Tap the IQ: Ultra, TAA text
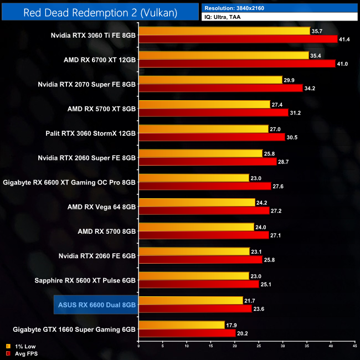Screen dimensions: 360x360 pyautogui.click(x=224, y=17)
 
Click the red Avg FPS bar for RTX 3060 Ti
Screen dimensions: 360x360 pyautogui.click(x=238, y=39)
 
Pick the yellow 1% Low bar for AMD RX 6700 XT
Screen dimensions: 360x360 pyautogui.click(x=223, y=55)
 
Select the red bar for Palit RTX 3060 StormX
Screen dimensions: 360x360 pyautogui.click(x=211, y=137)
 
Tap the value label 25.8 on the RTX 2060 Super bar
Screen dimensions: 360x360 pyautogui.click(x=271, y=153)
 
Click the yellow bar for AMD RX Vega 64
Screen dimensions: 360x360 pyautogui.click(x=197, y=202)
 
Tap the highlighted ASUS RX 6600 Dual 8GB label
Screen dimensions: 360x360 pyautogui.click(x=97, y=305)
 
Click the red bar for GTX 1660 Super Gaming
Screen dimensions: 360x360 pyautogui.click(x=187, y=333)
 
